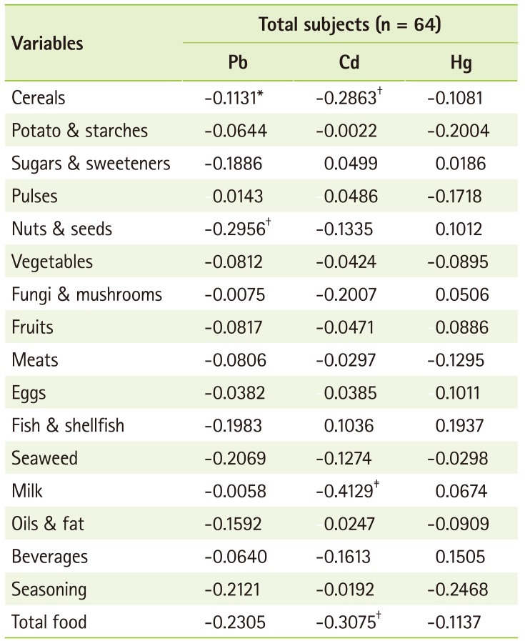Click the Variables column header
pyautogui.click(x=47, y=43)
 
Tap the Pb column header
pyautogui.click(x=234, y=62)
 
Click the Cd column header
pyautogui.click(x=349, y=62)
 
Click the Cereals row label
pyautogui.click(x=39, y=98)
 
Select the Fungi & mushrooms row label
pyautogui.click(x=86, y=294)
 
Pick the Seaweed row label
pyautogui.click(x=44, y=458)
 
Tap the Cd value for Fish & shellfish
pyautogui.click(x=349, y=426)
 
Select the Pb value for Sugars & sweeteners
pyautogui.click(x=234, y=164)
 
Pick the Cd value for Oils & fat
pyautogui.click(x=349, y=524)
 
